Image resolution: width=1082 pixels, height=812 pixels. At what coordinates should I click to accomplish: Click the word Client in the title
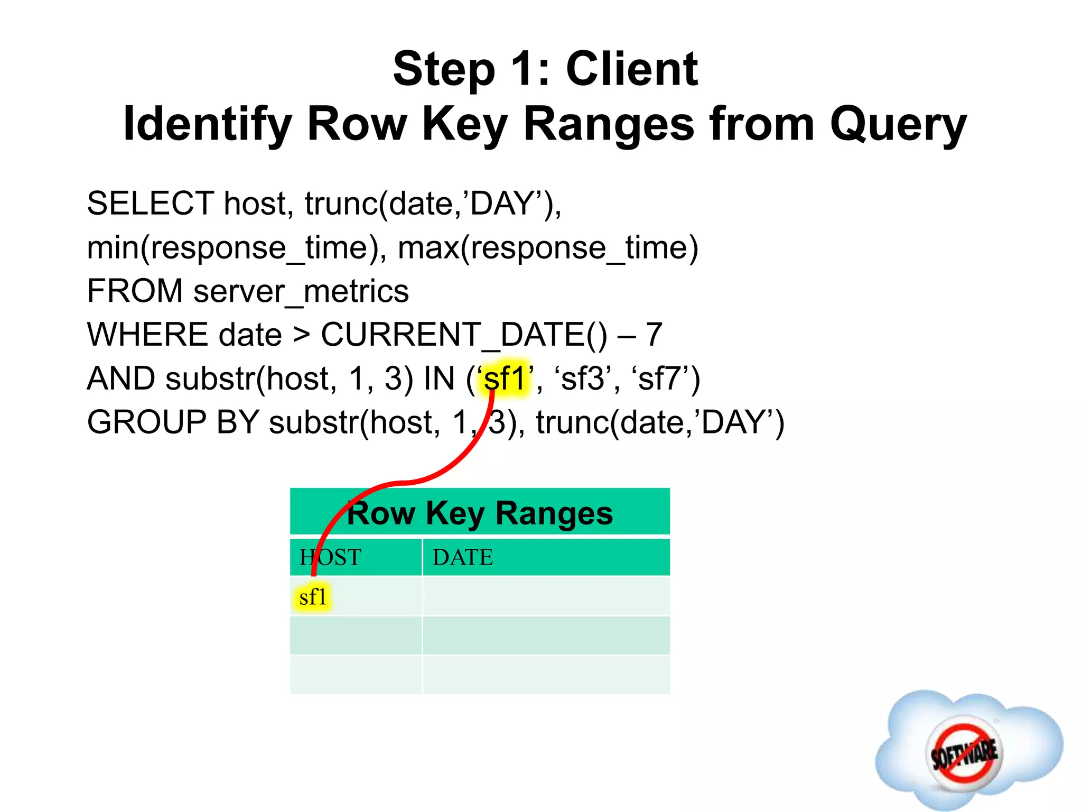[632, 69]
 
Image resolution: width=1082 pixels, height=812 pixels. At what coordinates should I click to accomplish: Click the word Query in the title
[898, 125]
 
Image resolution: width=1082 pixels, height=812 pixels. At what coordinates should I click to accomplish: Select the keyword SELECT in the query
[151, 204]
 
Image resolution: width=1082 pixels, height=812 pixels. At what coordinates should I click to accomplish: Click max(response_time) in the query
[548, 248]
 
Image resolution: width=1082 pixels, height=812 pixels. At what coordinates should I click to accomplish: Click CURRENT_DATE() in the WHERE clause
[464, 335]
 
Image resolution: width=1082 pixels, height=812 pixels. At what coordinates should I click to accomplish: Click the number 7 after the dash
[654, 335]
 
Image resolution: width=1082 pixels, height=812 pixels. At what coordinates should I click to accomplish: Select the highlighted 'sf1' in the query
[505, 379]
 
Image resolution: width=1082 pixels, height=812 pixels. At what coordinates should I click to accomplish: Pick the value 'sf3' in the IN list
[582, 379]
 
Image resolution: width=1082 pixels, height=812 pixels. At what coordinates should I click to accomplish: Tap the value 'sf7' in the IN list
[659, 379]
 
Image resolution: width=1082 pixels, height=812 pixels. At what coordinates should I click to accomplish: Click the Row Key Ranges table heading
[480, 513]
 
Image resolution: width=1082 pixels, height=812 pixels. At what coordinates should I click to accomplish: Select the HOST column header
[331, 558]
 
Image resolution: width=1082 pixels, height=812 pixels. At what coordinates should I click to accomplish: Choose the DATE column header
[463, 558]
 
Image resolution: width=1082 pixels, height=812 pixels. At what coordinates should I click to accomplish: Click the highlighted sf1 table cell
[313, 597]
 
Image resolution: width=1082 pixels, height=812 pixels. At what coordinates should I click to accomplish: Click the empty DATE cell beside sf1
[546, 596]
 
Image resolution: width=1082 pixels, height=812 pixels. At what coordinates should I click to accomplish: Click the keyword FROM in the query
[135, 292]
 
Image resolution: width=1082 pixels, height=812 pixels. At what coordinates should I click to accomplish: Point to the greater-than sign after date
[301, 335]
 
